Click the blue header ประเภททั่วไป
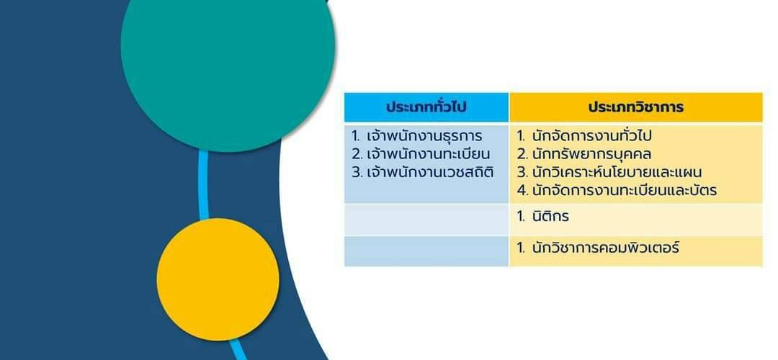(x=426, y=107)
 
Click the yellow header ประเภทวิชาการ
(x=635, y=107)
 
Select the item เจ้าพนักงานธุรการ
(x=424, y=136)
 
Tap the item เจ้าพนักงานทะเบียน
(x=428, y=154)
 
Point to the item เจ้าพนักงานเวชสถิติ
(x=430, y=172)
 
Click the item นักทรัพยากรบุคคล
(x=591, y=154)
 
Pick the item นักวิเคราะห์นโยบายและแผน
(x=617, y=172)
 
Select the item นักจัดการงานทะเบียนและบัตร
(x=624, y=190)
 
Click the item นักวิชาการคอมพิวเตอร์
(x=605, y=248)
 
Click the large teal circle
(x=228, y=45)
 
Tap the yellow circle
(x=218, y=279)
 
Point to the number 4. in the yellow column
(x=522, y=190)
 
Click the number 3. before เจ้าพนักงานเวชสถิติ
(x=357, y=173)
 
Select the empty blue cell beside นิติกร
(x=426, y=220)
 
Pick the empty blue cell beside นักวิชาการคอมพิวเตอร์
(x=426, y=251)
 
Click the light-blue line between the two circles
(x=203, y=185)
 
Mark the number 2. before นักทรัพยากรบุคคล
(x=522, y=155)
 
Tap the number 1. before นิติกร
(x=521, y=217)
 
